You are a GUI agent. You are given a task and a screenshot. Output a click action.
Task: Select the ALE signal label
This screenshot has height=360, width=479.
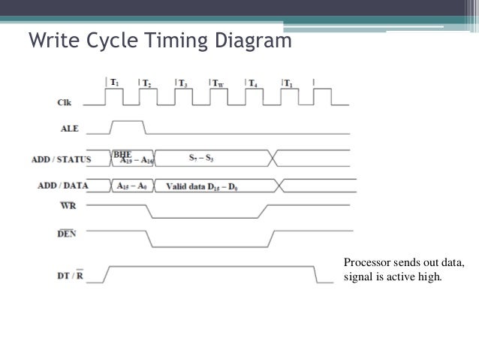tap(70, 129)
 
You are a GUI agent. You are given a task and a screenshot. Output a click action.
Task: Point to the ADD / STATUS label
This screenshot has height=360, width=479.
tap(62, 159)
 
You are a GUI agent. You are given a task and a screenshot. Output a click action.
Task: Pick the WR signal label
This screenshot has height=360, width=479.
tap(69, 204)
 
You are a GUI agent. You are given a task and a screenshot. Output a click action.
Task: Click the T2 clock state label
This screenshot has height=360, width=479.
tap(146, 82)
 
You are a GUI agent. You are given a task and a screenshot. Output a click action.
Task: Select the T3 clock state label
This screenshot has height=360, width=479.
tap(182, 82)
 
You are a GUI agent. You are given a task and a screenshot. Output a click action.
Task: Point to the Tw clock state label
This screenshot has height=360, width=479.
tap(217, 82)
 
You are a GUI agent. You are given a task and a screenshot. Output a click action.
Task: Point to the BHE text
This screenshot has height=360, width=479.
tap(122, 154)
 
